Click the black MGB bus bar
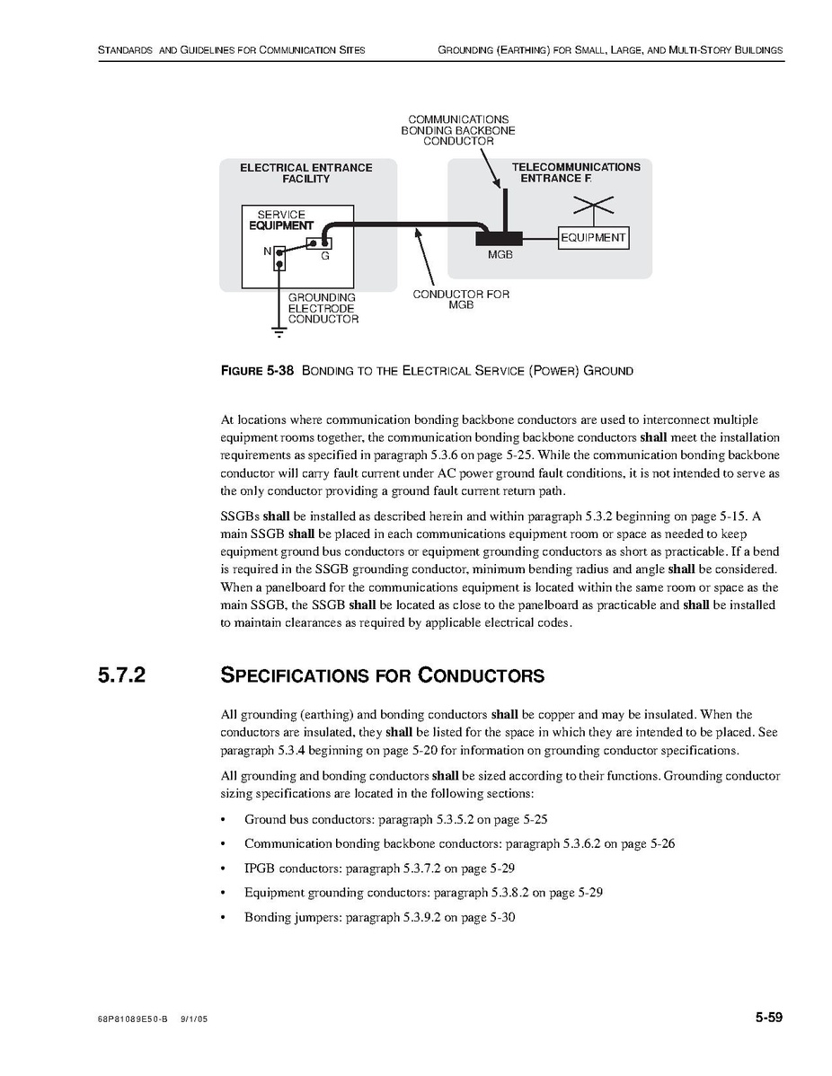pyautogui.click(x=500, y=238)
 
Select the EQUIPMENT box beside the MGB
pyautogui.click(x=593, y=238)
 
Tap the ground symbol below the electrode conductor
pyautogui.click(x=279, y=332)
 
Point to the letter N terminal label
pyautogui.click(x=267, y=251)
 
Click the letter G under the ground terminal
pyautogui.click(x=324, y=257)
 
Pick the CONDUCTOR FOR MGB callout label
pyautogui.click(x=461, y=300)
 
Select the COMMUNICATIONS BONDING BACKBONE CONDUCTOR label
pyautogui.click(x=458, y=130)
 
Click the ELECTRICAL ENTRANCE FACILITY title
pyautogui.click(x=305, y=173)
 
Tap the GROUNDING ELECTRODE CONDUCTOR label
pyautogui.click(x=323, y=308)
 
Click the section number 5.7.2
pyautogui.click(x=122, y=675)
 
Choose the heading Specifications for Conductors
pyautogui.click(x=382, y=675)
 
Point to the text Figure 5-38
pyautogui.click(x=257, y=371)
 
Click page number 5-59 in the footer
pyautogui.click(x=768, y=1018)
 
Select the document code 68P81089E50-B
pyautogui.click(x=133, y=1021)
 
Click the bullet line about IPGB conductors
pyautogui.click(x=379, y=869)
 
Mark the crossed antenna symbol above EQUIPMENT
pyautogui.click(x=593, y=207)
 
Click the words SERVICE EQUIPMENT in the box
pyautogui.click(x=281, y=220)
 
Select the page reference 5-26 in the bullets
pyautogui.click(x=660, y=844)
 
